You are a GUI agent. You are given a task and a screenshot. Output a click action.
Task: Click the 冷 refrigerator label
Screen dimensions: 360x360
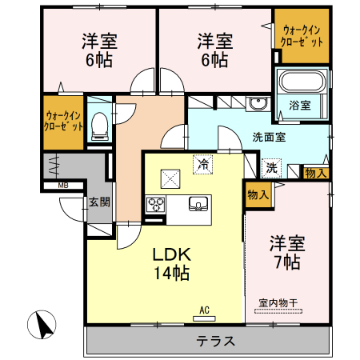tap(203, 165)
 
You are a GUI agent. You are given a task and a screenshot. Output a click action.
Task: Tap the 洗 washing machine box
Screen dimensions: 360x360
tap(272, 168)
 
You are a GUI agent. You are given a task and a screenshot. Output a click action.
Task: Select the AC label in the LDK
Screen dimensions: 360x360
tap(204, 310)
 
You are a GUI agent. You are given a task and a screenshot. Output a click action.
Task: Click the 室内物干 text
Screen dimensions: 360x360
tap(278, 303)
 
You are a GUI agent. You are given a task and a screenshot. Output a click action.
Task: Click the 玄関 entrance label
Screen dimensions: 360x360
tap(98, 202)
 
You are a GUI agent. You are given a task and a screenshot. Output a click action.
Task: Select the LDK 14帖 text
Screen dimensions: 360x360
tap(171, 262)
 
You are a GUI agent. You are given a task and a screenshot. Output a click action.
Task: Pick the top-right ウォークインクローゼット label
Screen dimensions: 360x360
tap(301, 37)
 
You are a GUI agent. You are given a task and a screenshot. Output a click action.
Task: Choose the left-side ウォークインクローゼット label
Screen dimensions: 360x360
tap(63, 121)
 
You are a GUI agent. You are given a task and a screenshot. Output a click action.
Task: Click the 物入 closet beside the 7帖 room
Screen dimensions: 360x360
tap(257, 194)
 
